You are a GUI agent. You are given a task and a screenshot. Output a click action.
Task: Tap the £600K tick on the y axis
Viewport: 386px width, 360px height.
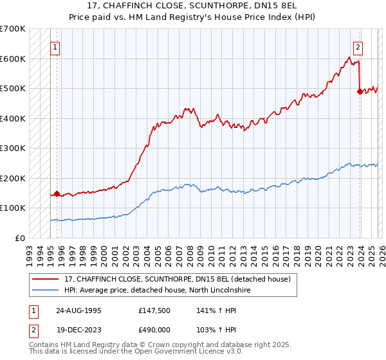[x=13, y=59]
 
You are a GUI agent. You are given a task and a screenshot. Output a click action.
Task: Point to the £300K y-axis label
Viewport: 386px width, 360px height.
[x=13, y=148]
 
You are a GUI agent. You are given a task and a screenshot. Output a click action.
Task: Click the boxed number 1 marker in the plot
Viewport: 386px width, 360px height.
[x=56, y=46]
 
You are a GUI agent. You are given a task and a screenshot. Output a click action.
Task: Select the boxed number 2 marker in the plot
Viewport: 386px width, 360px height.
[x=357, y=46]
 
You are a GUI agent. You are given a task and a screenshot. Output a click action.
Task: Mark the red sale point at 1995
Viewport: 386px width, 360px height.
[x=57, y=193]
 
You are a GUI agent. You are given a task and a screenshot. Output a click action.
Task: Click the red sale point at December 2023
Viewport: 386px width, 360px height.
[x=360, y=91]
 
